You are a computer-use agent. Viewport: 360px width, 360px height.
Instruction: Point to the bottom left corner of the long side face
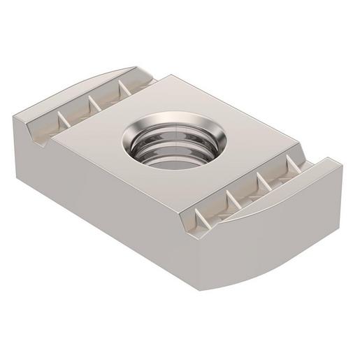click(23, 160)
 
